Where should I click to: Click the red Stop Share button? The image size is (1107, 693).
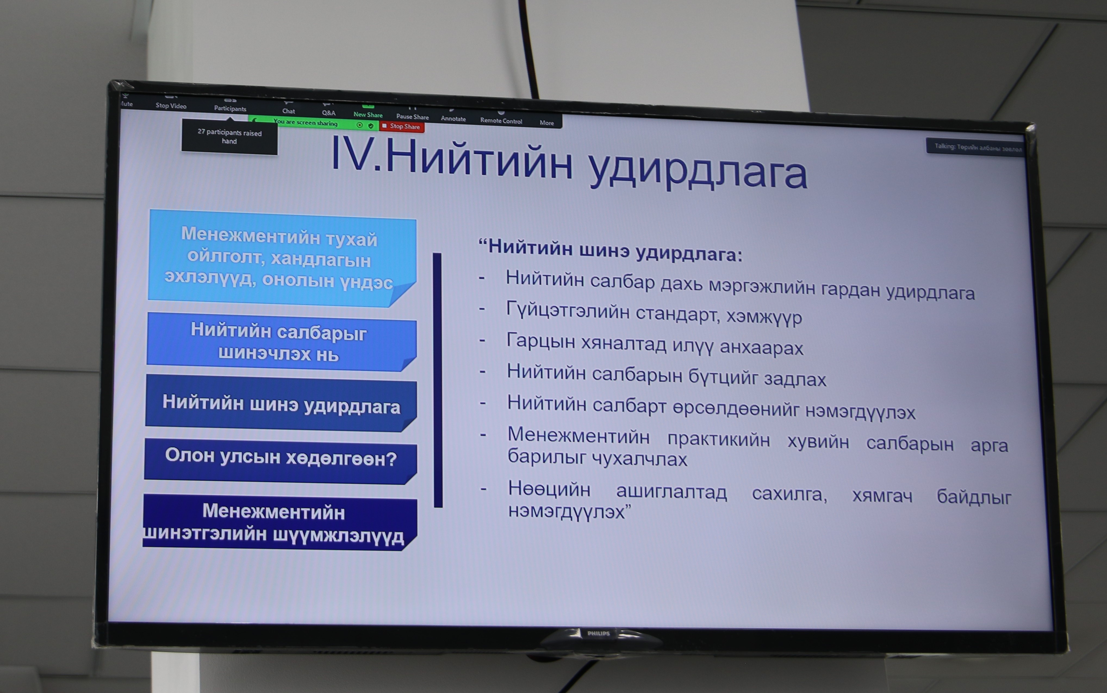click(402, 126)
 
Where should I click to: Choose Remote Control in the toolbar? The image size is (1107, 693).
click(501, 118)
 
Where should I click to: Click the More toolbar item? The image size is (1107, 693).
click(547, 120)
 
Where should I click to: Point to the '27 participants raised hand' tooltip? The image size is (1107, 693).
click(229, 136)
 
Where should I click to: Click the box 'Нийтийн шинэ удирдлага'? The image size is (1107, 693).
click(281, 404)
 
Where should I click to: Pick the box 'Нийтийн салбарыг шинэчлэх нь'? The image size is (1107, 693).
click(281, 342)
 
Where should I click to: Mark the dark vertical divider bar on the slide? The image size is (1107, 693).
click(438, 380)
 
